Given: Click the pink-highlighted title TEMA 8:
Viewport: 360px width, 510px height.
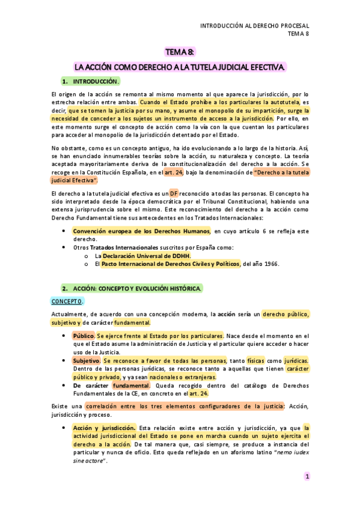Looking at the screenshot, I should click(x=180, y=52).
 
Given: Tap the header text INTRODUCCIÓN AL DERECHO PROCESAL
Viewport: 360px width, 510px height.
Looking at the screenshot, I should click(x=254, y=26).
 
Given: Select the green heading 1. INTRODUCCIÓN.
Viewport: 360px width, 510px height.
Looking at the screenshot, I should click(x=91, y=81).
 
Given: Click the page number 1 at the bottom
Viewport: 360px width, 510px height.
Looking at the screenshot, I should click(x=307, y=476).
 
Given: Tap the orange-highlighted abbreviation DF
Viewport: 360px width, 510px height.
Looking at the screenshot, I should click(x=174, y=192).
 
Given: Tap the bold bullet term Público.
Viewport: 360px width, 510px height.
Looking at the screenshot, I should click(x=83, y=336).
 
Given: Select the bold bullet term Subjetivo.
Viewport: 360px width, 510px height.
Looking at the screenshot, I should click(x=85, y=360).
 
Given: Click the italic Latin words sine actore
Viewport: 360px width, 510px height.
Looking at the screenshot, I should click(x=89, y=461).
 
